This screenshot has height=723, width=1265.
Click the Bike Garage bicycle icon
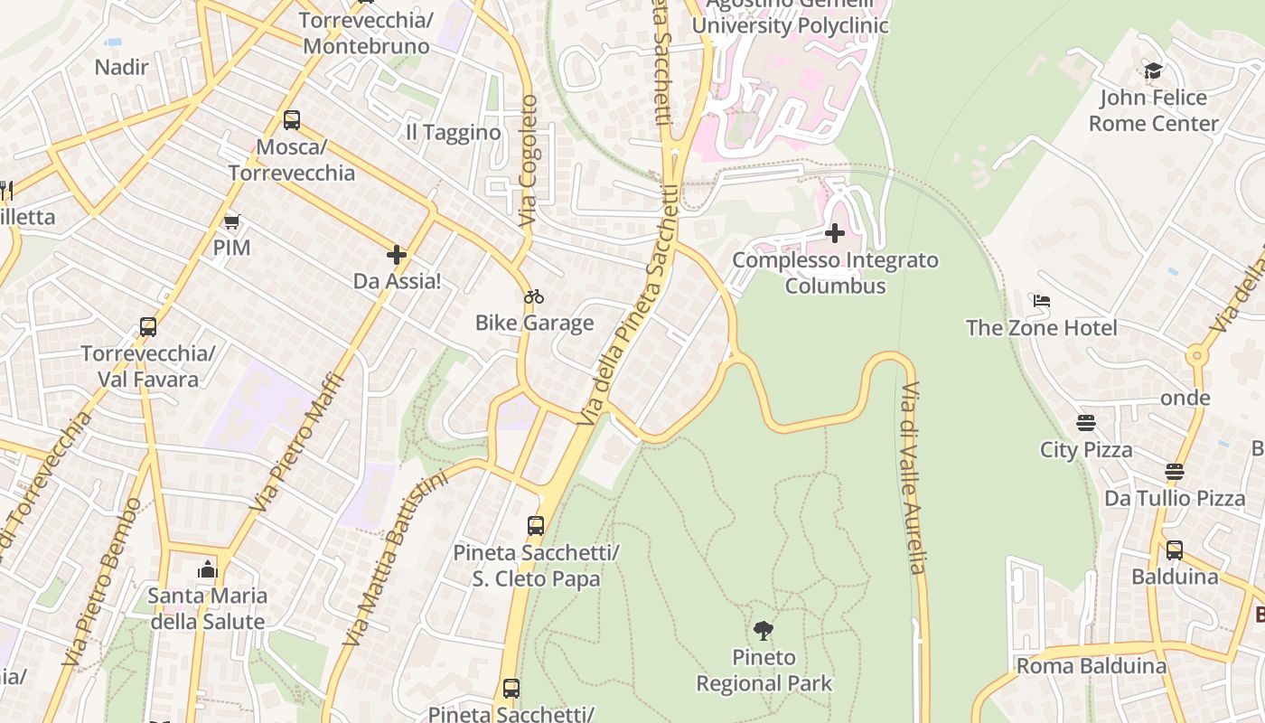point(534,296)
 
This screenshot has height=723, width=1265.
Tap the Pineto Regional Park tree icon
point(764,630)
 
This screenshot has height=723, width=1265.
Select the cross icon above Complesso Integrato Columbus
point(835,234)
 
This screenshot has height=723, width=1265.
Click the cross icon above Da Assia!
point(396,255)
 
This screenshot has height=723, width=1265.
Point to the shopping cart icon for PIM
point(232,221)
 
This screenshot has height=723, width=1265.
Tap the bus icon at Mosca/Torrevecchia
point(291,120)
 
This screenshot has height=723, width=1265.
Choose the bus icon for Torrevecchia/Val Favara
point(148,327)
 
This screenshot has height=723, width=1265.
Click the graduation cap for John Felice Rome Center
point(1153,71)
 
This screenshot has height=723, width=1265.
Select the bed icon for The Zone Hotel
point(1041,301)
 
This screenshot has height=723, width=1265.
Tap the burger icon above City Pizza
point(1086,423)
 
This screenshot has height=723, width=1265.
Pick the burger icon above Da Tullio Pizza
point(1174,472)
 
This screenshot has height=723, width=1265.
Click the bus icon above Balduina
point(1174,549)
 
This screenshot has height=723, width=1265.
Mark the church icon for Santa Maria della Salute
point(208,569)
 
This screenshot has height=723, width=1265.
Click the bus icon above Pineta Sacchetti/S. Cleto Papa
point(536,525)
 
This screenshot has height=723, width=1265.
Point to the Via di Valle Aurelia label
point(913,478)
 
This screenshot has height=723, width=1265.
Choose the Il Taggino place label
point(453,133)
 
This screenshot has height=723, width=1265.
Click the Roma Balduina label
point(1092,666)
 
